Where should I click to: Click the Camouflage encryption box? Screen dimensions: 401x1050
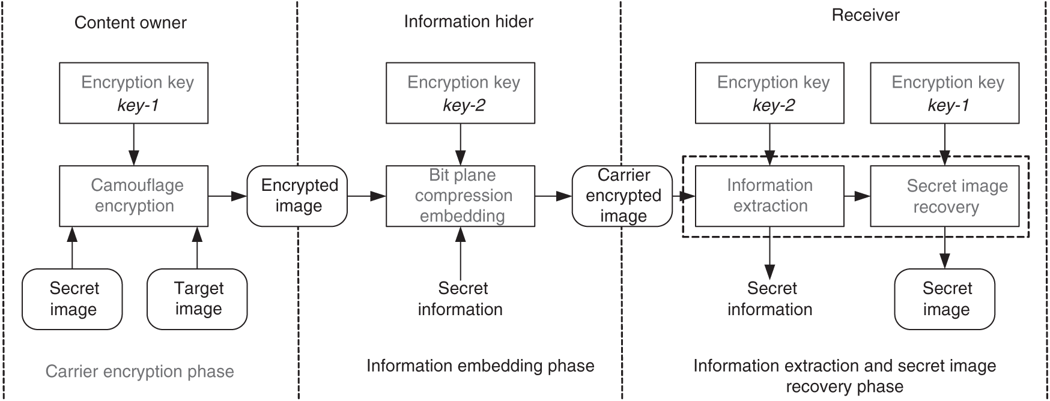(133, 196)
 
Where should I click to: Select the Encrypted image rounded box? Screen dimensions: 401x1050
(297, 196)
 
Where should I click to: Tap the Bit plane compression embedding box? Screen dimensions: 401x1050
(460, 196)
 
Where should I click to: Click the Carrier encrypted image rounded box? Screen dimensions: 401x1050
(622, 196)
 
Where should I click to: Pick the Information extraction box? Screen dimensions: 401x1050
(769, 196)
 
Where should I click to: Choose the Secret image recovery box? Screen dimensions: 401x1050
(944, 196)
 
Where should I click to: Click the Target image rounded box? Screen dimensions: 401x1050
(197, 299)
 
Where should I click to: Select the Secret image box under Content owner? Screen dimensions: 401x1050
(72, 299)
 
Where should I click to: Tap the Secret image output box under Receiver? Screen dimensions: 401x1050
(944, 299)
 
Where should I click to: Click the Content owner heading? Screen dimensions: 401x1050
(130, 23)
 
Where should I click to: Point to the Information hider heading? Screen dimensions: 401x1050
(469, 22)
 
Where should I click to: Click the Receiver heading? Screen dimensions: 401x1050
(865, 15)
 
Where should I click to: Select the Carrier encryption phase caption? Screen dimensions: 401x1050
(139, 372)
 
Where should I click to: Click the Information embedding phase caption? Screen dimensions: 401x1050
(480, 366)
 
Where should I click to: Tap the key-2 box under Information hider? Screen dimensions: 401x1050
(460, 93)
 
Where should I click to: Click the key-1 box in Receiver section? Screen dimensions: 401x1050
(944, 93)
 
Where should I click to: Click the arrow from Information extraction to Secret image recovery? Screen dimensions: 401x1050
(857, 196)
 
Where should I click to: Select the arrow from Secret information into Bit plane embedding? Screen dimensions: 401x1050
(461, 252)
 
